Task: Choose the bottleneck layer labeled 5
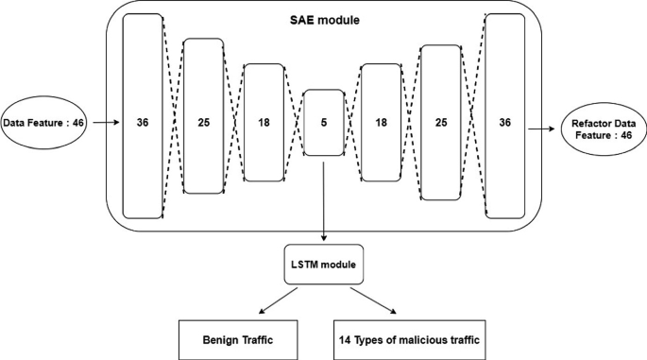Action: (x=323, y=123)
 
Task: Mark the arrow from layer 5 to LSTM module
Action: (x=323, y=203)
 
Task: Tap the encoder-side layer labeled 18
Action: (x=264, y=123)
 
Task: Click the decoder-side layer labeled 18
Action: (x=383, y=123)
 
